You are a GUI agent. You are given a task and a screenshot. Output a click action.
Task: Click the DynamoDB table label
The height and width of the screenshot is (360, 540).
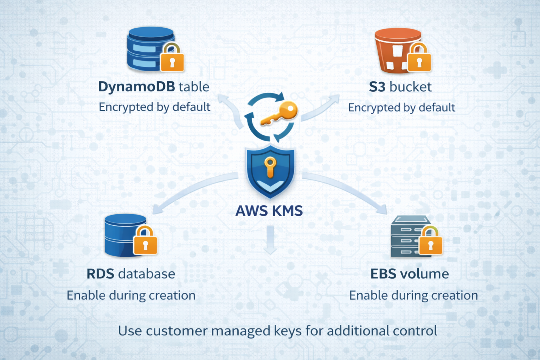pyautogui.click(x=154, y=87)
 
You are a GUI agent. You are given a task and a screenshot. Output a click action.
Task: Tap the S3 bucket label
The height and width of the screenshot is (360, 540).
pyautogui.click(x=400, y=87)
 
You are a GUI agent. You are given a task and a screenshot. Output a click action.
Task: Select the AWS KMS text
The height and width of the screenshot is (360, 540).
pyautogui.click(x=269, y=211)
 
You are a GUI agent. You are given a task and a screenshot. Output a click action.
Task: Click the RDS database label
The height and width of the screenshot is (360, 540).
pyautogui.click(x=131, y=274)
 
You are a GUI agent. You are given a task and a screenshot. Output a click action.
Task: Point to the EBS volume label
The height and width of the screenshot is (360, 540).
pyautogui.click(x=410, y=274)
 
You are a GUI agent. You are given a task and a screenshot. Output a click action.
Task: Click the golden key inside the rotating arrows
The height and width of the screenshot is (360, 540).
pyautogui.click(x=279, y=113)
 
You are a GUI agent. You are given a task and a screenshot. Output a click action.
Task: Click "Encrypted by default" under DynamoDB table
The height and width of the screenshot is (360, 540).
pyautogui.click(x=154, y=107)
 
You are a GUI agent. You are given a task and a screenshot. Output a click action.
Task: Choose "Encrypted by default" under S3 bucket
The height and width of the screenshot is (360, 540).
pyautogui.click(x=401, y=107)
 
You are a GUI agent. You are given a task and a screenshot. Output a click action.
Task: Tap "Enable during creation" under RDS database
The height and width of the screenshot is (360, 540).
pyautogui.click(x=131, y=295)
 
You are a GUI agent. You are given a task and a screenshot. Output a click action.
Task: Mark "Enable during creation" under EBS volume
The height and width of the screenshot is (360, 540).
pyautogui.click(x=413, y=295)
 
